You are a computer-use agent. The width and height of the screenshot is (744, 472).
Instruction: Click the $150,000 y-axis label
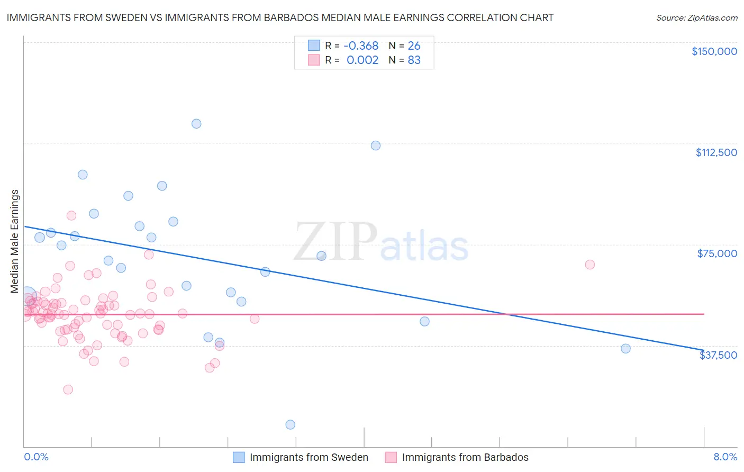click(x=714, y=51)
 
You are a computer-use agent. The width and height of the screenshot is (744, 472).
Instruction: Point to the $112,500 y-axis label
click(x=716, y=152)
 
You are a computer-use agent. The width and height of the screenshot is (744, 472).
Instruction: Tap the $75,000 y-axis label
click(x=717, y=253)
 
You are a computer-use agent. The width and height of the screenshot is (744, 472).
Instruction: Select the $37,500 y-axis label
click(x=718, y=355)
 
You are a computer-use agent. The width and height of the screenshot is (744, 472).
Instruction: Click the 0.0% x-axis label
click(x=36, y=457)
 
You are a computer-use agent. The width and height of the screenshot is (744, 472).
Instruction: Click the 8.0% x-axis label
click(x=725, y=457)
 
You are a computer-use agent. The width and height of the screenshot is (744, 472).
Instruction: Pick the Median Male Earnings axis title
click(x=14, y=241)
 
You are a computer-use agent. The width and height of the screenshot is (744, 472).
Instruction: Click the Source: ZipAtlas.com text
click(x=696, y=18)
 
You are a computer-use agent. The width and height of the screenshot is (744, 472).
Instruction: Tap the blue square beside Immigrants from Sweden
click(x=239, y=458)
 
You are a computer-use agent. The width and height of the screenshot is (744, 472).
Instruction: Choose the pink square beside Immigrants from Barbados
click(x=391, y=458)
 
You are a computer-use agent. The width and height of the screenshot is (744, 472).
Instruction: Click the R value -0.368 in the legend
click(x=361, y=46)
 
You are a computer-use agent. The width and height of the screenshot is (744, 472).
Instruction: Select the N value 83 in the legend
click(x=414, y=60)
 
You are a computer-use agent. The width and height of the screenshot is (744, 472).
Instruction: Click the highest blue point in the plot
click(x=196, y=124)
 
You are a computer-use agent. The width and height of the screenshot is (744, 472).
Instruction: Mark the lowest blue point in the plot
click(x=290, y=425)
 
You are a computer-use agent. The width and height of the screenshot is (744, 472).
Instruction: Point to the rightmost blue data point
click(x=625, y=349)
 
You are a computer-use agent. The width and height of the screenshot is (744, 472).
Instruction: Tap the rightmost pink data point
click(x=590, y=265)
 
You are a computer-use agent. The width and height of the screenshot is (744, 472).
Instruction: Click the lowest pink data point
click(x=68, y=389)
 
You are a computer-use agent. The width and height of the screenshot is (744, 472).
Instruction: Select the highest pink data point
click(x=71, y=215)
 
